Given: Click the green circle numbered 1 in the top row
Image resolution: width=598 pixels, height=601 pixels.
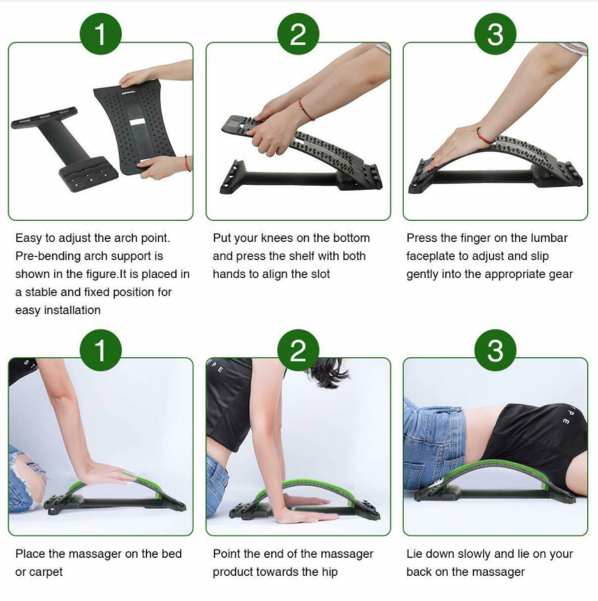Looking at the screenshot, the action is [x=100, y=34].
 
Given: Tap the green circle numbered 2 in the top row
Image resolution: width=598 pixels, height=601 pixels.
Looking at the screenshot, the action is [x=298, y=34].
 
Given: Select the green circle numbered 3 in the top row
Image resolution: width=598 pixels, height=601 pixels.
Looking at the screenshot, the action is [x=495, y=34].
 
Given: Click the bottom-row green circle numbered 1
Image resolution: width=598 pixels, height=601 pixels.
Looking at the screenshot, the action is [x=100, y=351].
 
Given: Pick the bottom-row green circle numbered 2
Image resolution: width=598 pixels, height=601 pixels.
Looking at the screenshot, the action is [x=298, y=351].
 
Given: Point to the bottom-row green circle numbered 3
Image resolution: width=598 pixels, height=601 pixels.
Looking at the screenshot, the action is [x=495, y=351].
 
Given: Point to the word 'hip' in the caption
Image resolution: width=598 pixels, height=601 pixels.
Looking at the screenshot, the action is [x=330, y=572].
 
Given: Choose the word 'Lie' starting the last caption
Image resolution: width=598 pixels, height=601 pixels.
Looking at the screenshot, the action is [x=414, y=554].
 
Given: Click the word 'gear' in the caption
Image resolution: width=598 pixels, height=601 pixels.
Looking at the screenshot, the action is [x=561, y=274].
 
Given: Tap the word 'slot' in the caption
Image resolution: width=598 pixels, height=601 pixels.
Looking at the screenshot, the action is [x=320, y=274].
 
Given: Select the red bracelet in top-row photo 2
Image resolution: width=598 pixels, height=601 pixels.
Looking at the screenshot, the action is [x=306, y=109].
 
